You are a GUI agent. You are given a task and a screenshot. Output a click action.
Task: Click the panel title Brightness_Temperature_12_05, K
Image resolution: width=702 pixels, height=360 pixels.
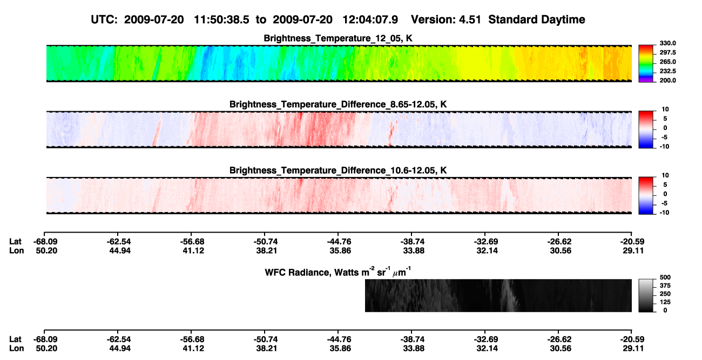(x=338, y=38)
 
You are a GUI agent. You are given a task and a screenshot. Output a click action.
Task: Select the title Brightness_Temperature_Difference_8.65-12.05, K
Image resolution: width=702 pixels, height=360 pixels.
(x=338, y=104)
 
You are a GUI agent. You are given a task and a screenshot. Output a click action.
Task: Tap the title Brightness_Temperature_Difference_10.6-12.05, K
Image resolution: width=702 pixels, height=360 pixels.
(x=338, y=171)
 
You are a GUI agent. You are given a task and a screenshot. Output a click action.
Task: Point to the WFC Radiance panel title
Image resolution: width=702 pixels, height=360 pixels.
(x=338, y=271)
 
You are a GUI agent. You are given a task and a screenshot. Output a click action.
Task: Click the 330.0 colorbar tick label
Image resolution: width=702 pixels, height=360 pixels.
(x=667, y=43)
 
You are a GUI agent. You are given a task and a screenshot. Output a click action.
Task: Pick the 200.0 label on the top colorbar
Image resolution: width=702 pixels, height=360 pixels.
(x=667, y=80)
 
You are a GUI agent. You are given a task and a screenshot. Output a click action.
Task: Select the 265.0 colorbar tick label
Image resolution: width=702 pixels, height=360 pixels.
(x=667, y=62)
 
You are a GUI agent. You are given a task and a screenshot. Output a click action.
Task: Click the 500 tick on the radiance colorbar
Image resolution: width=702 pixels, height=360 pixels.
(x=665, y=277)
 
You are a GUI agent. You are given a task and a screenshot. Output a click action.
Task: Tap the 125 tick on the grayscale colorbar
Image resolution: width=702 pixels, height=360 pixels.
(x=665, y=302)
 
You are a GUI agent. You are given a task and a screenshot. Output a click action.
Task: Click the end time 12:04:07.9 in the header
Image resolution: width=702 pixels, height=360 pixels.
(x=370, y=20)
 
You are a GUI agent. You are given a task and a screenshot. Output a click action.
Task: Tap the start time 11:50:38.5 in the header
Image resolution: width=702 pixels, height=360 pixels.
(x=221, y=20)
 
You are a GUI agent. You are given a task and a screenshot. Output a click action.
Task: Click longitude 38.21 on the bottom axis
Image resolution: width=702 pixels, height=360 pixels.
(x=267, y=349)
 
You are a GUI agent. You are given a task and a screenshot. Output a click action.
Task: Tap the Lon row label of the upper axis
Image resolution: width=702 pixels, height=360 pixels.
(x=17, y=250)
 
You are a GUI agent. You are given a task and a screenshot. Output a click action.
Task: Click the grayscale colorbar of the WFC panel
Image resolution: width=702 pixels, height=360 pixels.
(x=646, y=295)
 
